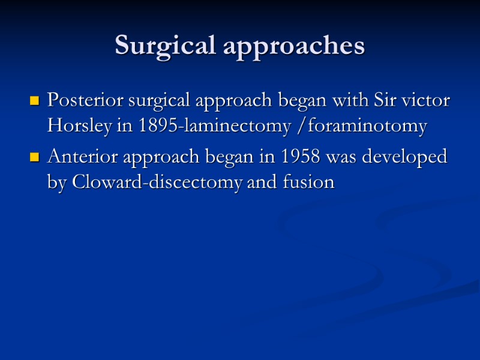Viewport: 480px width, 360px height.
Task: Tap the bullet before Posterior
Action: click(35, 101)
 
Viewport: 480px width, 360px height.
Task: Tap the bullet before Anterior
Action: click(35, 158)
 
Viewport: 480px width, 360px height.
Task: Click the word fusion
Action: click(306, 182)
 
